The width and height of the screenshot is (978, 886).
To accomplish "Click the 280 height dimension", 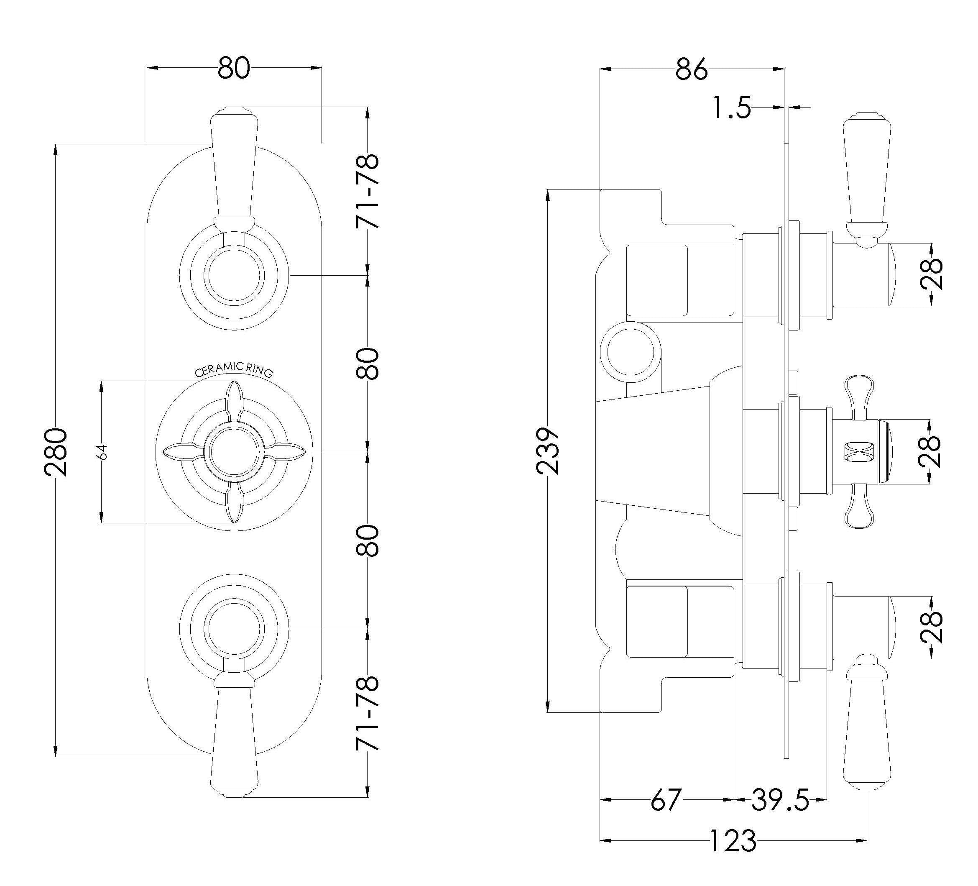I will coord(55,451).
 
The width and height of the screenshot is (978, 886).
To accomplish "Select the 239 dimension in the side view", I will coord(548,451).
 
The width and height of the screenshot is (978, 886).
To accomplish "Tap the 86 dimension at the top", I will coord(691,69).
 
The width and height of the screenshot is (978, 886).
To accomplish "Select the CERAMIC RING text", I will coord(234,370).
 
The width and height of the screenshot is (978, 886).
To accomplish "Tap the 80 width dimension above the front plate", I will coord(234,68).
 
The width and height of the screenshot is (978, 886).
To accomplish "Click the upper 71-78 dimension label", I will coord(367,191).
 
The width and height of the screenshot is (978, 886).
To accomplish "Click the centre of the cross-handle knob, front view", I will coord(234,452).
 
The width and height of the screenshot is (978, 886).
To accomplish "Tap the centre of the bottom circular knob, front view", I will coord(234,629).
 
